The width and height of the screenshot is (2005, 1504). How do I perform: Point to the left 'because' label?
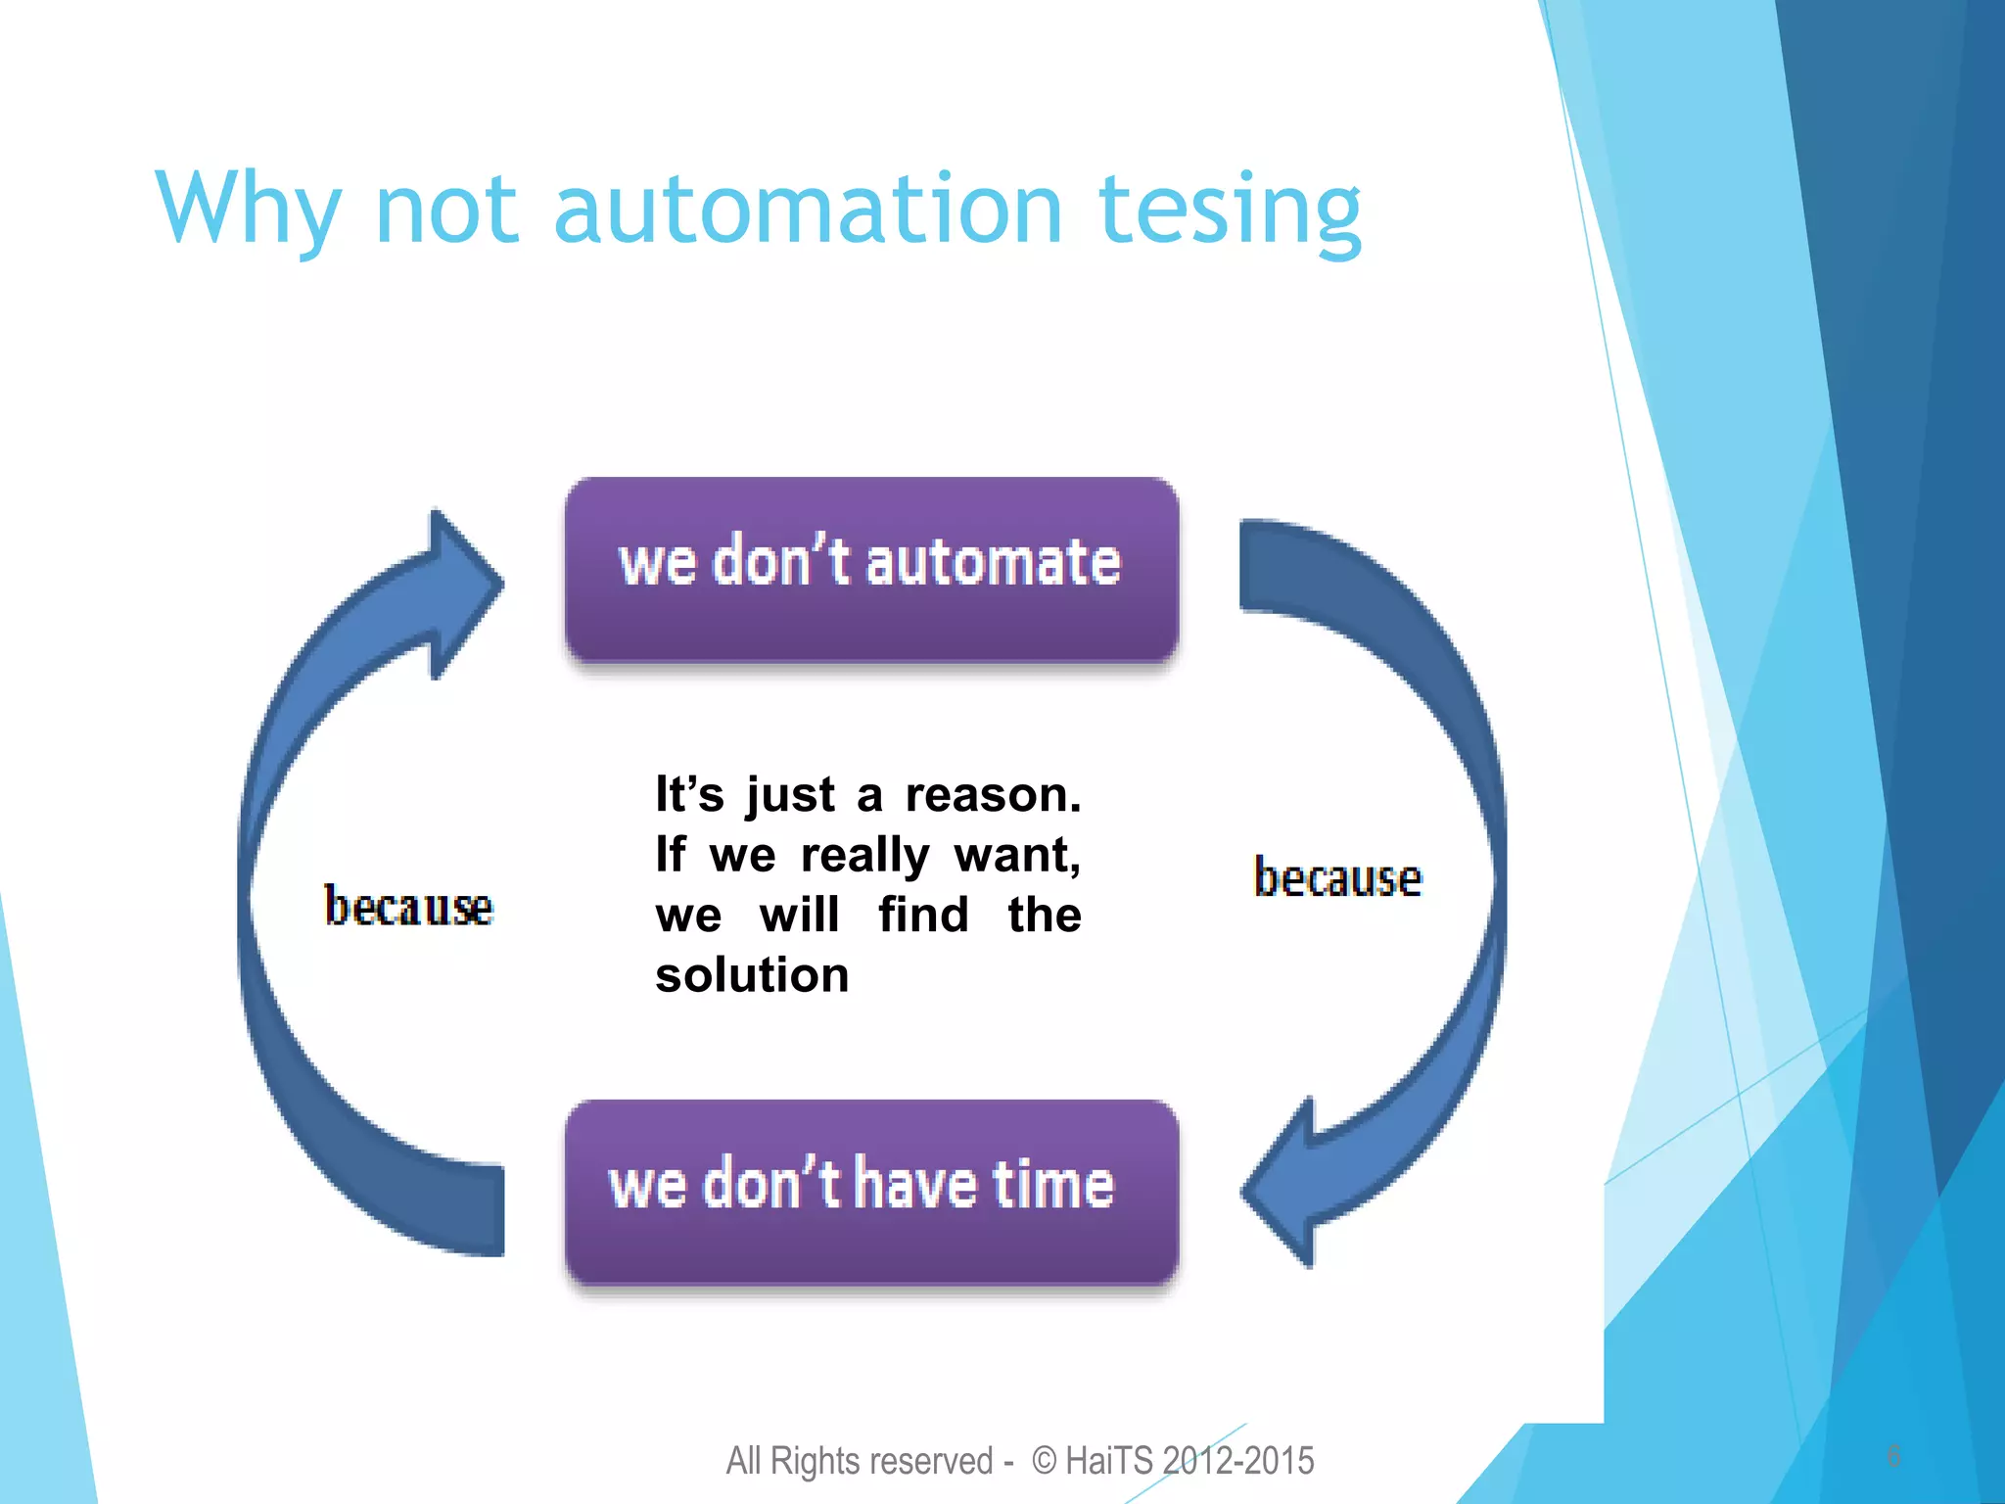point(408,907)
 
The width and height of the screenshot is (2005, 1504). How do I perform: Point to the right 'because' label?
point(1337,877)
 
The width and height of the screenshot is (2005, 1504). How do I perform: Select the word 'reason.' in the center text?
point(993,794)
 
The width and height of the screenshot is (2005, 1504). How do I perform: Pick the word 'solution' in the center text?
point(752,975)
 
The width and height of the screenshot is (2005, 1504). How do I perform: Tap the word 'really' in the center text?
point(864,855)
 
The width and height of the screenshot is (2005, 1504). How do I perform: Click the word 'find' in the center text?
point(923,916)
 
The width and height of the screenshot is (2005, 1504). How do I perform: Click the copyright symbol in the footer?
point(1045,1461)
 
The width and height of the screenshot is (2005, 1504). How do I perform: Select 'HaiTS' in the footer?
point(1109,1461)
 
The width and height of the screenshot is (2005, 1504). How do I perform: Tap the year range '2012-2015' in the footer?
point(1238,1461)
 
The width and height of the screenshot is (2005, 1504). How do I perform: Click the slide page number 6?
point(1893,1456)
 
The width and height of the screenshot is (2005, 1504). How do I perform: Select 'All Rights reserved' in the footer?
point(859,1461)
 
